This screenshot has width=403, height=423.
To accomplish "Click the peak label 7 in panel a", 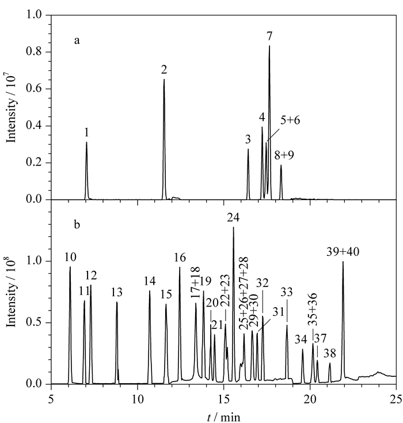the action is (x=269, y=36).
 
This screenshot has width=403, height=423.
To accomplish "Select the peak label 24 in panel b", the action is (x=233, y=217).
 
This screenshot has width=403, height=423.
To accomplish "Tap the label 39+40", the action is (x=343, y=252).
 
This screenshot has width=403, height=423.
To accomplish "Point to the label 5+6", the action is (x=290, y=120).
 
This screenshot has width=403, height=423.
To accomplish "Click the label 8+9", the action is (x=284, y=156).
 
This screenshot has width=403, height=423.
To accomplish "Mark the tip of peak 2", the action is (x=164, y=79).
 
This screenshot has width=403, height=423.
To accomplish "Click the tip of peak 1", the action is (x=86, y=142).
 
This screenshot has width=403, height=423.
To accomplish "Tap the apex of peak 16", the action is (x=180, y=267).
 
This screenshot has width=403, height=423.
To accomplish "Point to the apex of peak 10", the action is (x=70, y=267).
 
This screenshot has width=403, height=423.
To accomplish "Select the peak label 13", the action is (x=117, y=292).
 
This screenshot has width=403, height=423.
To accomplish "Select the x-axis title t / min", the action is (x=224, y=417).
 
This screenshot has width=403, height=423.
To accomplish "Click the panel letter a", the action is (x=77, y=41).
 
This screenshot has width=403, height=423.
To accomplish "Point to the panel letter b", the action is (x=77, y=224).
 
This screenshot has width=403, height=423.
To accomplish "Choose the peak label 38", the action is (x=330, y=353).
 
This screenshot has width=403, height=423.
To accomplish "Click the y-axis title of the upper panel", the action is (x=12, y=107).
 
